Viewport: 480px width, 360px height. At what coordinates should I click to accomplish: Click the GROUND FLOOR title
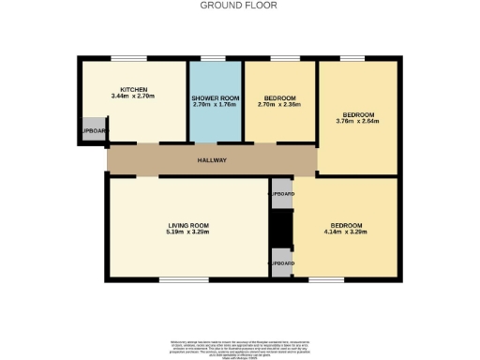[239, 5]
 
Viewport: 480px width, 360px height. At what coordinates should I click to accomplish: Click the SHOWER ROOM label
[216, 98]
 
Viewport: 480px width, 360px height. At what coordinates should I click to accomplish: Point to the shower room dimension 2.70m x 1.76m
[216, 105]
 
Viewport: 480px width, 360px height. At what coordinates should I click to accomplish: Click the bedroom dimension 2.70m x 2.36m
[279, 105]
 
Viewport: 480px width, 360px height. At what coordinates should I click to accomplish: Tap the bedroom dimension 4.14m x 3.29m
[346, 232]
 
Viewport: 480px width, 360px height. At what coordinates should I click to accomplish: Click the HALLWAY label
[212, 160]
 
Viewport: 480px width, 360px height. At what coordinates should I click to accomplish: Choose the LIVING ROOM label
[187, 225]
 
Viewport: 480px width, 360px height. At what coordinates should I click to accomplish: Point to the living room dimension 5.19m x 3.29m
[187, 232]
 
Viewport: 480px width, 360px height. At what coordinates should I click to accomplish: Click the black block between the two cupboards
[281, 228]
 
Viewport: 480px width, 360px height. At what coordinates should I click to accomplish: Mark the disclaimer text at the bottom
[240, 344]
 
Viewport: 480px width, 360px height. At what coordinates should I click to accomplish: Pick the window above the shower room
[214, 58]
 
